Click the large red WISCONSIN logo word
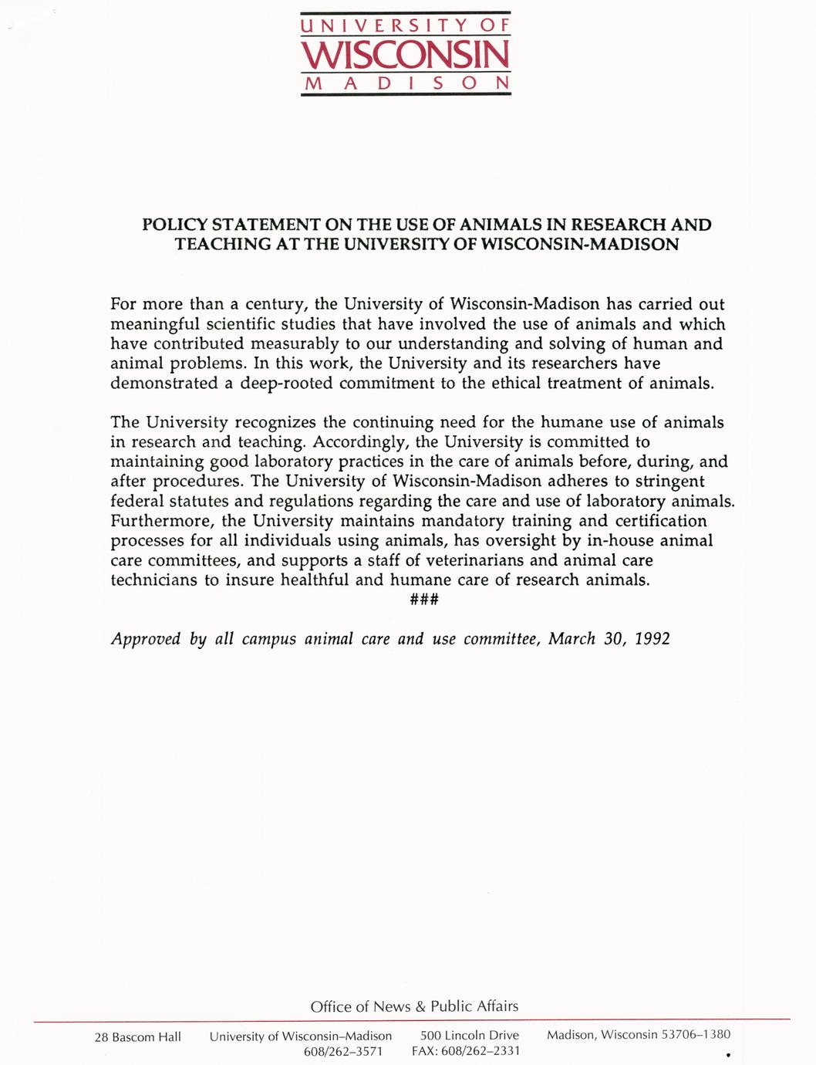pyautogui.click(x=406, y=54)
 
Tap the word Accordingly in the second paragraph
pyautogui.click(x=360, y=442)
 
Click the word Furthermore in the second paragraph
pyautogui.click(x=161, y=521)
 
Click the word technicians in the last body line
pyautogui.click(x=154, y=580)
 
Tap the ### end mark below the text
pyautogui.click(x=424, y=600)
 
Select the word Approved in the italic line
pyautogui.click(x=146, y=640)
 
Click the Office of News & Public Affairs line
pyautogui.click(x=414, y=1006)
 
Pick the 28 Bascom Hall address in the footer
pyautogui.click(x=137, y=1037)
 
